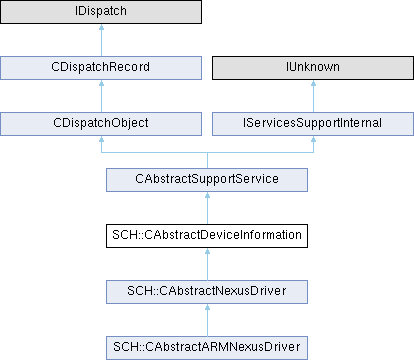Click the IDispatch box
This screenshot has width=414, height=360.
pyautogui.click(x=101, y=12)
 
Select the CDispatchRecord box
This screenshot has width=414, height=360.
pyautogui.click(x=101, y=68)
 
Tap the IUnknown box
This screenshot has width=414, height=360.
pyautogui.click(x=313, y=68)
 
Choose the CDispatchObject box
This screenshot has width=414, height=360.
pyautogui.click(x=101, y=124)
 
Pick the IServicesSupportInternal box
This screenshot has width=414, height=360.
pyautogui.click(x=313, y=124)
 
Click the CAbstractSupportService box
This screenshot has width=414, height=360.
pyautogui.click(x=207, y=180)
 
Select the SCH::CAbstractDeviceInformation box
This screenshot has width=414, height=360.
pyautogui.click(x=207, y=236)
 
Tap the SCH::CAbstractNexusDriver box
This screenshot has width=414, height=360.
pyautogui.click(x=207, y=292)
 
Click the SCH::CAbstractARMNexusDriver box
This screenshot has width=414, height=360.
pyautogui.click(x=207, y=348)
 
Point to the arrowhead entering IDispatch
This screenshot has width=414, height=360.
pyautogui.click(x=101, y=27)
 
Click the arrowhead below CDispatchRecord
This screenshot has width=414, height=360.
pyautogui.click(x=101, y=83)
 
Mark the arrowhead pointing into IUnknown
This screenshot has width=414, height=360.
pyautogui.click(x=313, y=83)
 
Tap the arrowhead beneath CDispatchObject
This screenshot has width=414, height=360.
pyautogui.click(x=101, y=139)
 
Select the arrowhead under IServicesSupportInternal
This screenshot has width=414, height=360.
pyautogui.click(x=313, y=139)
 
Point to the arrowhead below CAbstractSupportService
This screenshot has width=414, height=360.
pyautogui.click(x=207, y=195)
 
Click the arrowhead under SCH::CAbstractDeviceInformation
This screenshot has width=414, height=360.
pyautogui.click(x=207, y=251)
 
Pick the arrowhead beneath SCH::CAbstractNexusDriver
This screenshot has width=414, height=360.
pyautogui.click(x=207, y=307)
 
